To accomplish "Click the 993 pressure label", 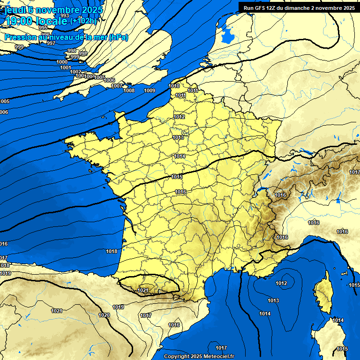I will pos(65,16).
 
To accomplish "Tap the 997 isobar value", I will pos(51,43).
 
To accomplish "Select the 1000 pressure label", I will pos(61,62).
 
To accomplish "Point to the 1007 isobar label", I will pos(117,86).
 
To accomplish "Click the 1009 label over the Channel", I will pos(150,90).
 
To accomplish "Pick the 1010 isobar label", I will pos(174,86).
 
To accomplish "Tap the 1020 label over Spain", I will pos(104,315).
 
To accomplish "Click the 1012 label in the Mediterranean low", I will pos(281,283).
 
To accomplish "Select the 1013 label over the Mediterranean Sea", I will pos(273,300).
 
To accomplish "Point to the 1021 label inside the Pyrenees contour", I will pos(143,291).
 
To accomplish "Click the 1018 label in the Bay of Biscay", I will pos(112,251).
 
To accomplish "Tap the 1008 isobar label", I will pos(129,90).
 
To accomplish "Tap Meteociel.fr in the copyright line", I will pos(218,356).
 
